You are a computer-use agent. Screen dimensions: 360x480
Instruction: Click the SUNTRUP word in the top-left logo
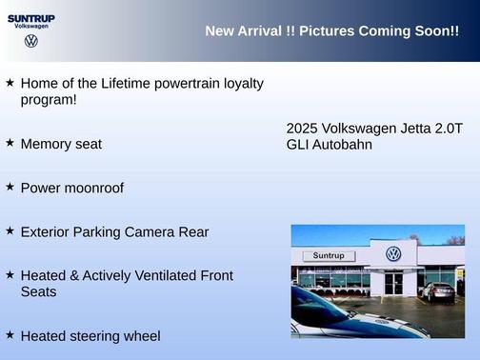tap(31, 18)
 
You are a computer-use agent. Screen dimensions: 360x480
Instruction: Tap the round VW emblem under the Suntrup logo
tap(31, 41)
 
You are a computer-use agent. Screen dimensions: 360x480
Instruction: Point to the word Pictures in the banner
tap(326, 31)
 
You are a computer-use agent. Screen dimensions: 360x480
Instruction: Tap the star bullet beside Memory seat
tap(10, 142)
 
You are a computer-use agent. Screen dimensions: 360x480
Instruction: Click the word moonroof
tap(93, 188)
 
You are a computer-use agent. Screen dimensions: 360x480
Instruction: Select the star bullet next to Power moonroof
tap(10, 187)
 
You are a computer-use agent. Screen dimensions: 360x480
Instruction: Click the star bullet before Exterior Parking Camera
tap(10, 230)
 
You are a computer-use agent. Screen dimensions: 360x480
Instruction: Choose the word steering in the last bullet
tap(96, 336)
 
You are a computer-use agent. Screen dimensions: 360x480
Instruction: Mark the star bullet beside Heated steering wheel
tap(10, 334)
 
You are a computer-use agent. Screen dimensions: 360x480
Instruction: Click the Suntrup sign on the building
tap(328, 255)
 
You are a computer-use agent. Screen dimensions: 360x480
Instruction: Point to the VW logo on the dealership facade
tap(393, 253)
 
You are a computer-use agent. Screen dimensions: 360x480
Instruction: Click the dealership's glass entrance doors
tap(393, 283)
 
